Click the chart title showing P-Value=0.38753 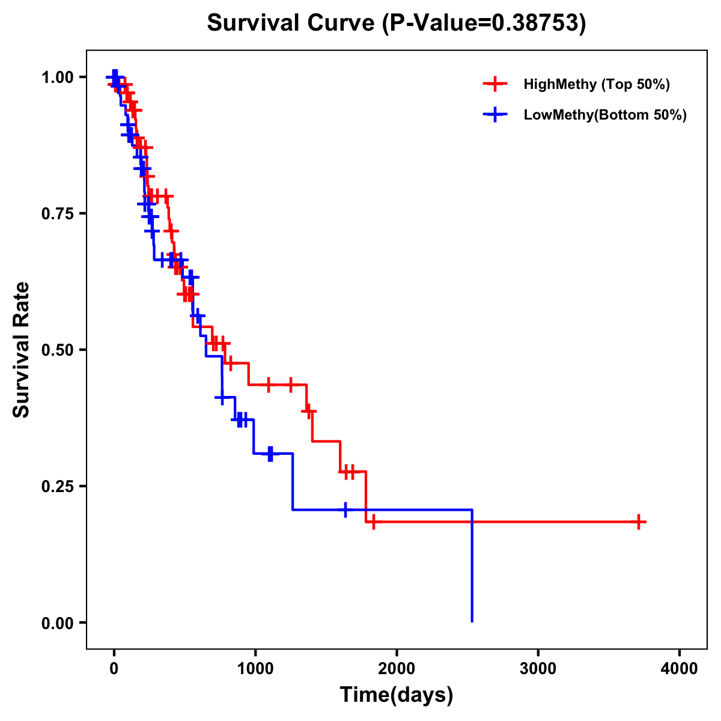[x=396, y=23]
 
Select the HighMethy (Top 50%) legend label [x=597, y=84]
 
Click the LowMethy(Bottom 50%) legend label [x=605, y=115]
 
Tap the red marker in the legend [x=495, y=84]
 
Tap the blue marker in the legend [x=495, y=115]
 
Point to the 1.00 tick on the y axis [x=57, y=78]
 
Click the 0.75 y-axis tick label [x=57, y=214]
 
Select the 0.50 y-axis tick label [x=57, y=350]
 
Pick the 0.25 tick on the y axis [x=57, y=487]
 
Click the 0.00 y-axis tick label [x=57, y=623]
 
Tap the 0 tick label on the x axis [x=114, y=669]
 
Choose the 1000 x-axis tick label [x=255, y=669]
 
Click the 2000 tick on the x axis [x=397, y=669]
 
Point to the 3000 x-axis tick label [x=538, y=669]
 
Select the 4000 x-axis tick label [x=680, y=669]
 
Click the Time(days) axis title [x=397, y=695]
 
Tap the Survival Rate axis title [x=22, y=350]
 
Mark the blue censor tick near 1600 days [x=345, y=510]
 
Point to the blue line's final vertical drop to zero [x=472, y=565]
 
